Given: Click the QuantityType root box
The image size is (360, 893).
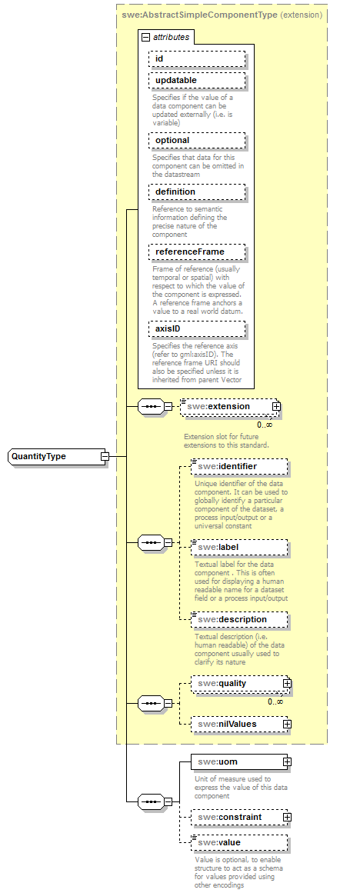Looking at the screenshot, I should [53, 456].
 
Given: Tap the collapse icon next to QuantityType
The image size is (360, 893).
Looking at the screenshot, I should [105, 456].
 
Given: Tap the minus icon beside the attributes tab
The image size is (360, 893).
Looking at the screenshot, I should [145, 36].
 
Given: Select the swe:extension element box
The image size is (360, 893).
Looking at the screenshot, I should [228, 406].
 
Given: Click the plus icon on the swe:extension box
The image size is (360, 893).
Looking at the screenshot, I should [276, 406].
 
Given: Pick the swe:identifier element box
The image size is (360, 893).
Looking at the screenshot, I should [239, 466].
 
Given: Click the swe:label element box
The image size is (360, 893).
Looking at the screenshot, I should [239, 547].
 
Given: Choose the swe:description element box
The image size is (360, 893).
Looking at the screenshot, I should [239, 619].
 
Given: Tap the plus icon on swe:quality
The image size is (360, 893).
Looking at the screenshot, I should [287, 682].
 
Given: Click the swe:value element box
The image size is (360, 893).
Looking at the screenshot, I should [239, 843].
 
